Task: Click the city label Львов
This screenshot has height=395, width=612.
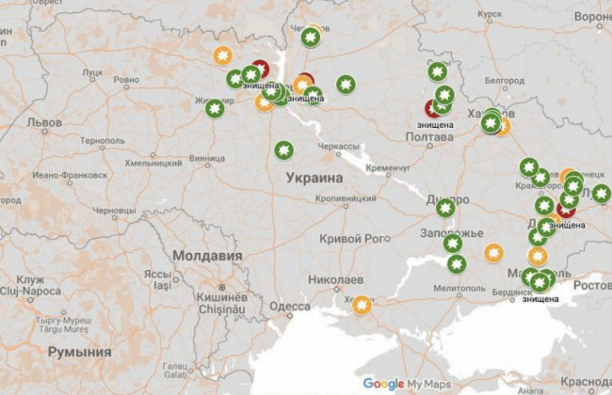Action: [x=43, y=122]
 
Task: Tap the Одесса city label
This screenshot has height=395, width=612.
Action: [x=288, y=307]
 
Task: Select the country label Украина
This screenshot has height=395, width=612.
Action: [x=313, y=177]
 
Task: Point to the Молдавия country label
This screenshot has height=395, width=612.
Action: [x=205, y=255]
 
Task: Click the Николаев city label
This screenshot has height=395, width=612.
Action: [x=335, y=280]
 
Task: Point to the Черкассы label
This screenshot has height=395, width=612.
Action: [x=336, y=147]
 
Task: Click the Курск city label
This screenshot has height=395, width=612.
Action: [x=490, y=15]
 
